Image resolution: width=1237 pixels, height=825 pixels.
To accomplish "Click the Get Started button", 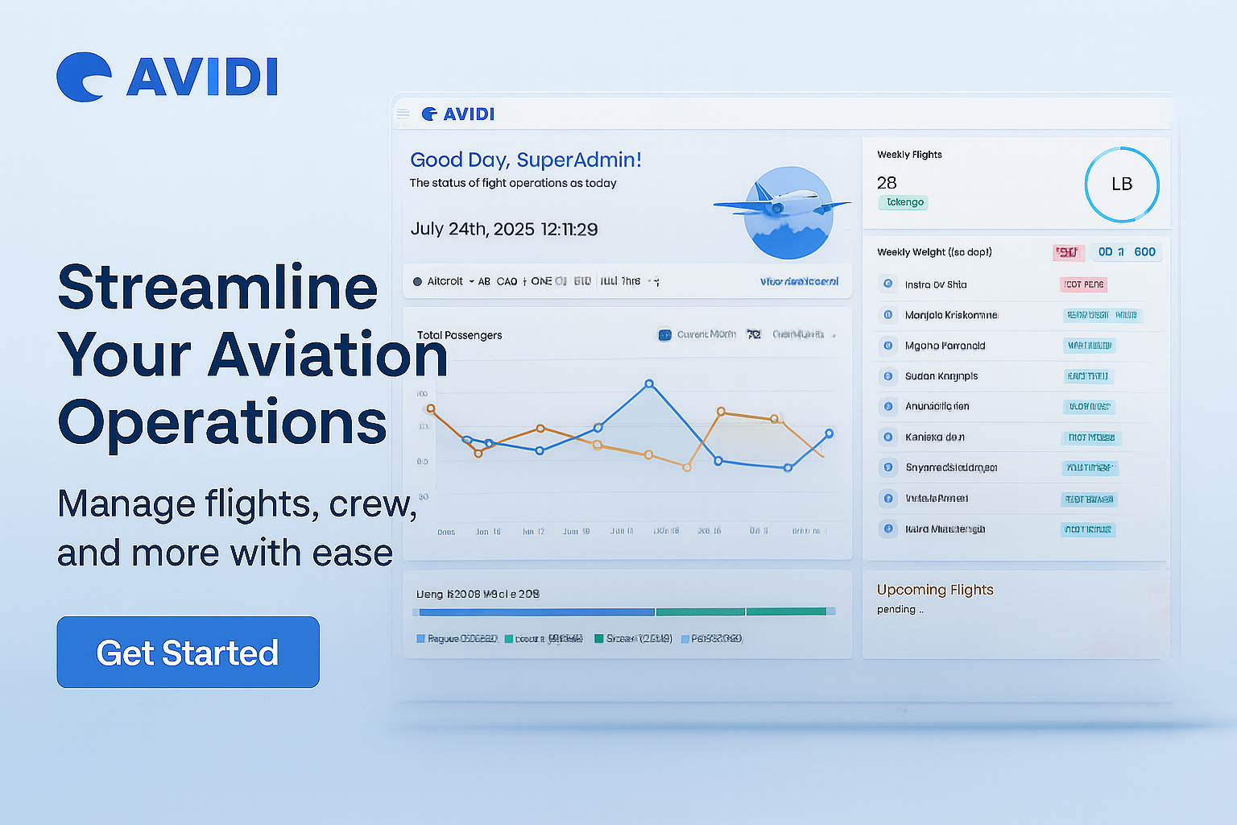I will [188, 653].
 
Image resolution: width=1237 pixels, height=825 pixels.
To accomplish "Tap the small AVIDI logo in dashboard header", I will [458, 114].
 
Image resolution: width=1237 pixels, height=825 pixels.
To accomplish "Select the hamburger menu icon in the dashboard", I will [403, 114].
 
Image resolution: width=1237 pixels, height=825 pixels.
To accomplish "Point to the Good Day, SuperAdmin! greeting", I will [525, 160].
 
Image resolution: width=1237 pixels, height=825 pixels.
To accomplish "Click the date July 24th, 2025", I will [472, 229].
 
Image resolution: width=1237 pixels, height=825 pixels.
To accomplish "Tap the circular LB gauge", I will [1121, 184].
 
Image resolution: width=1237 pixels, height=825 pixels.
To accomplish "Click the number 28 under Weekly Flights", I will [887, 183].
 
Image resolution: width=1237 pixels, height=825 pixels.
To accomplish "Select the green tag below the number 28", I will [904, 202].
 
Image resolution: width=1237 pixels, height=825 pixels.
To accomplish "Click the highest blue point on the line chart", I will [649, 384].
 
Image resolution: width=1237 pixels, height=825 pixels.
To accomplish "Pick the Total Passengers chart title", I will [459, 335].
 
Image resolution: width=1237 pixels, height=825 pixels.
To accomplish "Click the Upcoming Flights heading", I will [935, 590].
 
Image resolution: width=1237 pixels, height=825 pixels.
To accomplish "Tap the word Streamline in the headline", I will [217, 288].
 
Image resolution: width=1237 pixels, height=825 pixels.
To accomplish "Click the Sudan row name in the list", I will [941, 376].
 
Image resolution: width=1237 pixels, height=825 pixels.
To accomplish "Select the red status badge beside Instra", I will [1083, 284].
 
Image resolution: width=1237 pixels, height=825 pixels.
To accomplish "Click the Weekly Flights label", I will [909, 155].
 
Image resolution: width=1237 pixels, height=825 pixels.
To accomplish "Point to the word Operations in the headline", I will [222, 422].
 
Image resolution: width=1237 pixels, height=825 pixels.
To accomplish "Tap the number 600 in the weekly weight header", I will [1144, 252].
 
